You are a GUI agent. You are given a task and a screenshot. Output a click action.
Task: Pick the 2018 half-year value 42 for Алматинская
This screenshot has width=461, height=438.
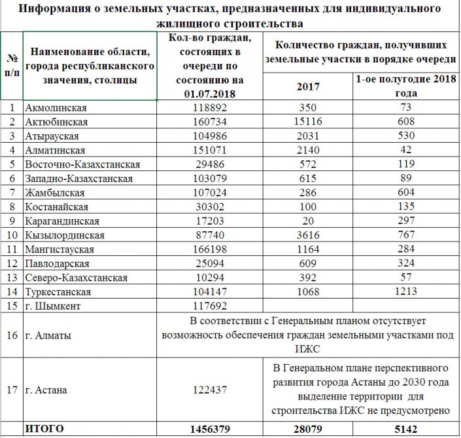[x=405, y=150]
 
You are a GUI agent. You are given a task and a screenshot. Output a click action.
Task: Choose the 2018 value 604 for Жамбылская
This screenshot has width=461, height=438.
[x=405, y=192]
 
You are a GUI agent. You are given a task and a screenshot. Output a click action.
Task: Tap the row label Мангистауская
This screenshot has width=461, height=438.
[x=60, y=249]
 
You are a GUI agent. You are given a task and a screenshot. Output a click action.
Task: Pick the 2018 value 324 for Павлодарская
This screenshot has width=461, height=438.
[x=405, y=263]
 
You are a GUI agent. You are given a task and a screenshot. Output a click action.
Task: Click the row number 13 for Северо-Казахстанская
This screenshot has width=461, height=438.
[x=11, y=277]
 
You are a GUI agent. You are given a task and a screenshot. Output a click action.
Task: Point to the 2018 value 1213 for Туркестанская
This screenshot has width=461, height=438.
[x=405, y=291]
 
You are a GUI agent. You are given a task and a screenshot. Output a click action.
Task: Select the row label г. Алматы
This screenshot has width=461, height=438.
[x=48, y=335]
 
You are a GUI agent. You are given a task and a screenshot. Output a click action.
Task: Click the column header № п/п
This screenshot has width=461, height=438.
[x=11, y=65]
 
